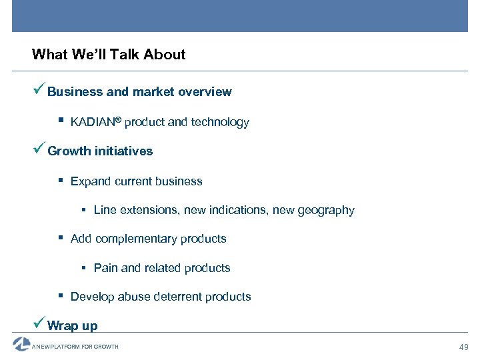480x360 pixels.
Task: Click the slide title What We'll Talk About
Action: (x=109, y=55)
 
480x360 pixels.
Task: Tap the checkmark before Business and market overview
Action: (x=39, y=90)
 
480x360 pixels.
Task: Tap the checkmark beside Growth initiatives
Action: (x=39, y=149)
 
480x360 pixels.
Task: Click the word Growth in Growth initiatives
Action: (x=69, y=151)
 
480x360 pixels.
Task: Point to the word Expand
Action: (x=89, y=181)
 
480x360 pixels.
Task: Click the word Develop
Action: (x=92, y=297)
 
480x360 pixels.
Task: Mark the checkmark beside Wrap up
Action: (x=39, y=324)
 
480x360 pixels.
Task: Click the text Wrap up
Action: (x=73, y=326)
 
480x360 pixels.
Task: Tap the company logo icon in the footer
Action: (x=21, y=344)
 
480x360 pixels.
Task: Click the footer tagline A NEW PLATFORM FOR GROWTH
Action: (x=75, y=347)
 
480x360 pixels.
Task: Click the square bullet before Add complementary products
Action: (x=61, y=238)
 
